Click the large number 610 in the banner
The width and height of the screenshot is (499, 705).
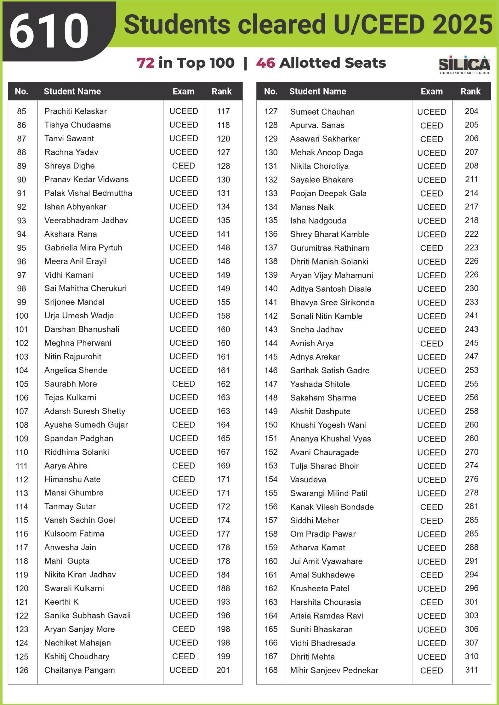point(49,31)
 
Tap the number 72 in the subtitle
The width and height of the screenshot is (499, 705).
point(146,63)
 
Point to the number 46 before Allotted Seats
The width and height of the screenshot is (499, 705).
point(265,63)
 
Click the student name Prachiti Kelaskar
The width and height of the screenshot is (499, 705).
point(75,111)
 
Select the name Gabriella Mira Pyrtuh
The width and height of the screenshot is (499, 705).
point(83,247)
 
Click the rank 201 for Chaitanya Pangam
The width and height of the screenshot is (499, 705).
point(223,670)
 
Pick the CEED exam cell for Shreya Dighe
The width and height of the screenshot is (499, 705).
point(183,166)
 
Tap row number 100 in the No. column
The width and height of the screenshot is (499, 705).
point(22,316)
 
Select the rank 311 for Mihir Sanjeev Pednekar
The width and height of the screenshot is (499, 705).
point(471,670)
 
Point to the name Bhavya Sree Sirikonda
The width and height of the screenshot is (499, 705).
point(332,303)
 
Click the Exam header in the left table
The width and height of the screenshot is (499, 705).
point(183,91)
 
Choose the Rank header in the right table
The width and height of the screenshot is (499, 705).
point(471,91)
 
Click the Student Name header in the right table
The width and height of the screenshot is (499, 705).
point(318,91)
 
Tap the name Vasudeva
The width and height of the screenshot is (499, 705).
point(308,479)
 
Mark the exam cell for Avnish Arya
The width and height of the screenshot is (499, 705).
point(431,343)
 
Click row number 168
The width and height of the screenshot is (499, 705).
point(271,670)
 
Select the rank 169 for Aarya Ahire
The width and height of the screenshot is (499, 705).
point(223,466)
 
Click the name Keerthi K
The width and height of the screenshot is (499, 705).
point(61,602)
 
